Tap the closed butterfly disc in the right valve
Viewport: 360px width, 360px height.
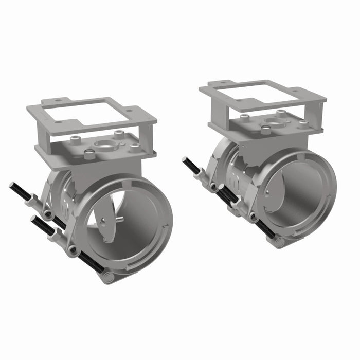point(288,193)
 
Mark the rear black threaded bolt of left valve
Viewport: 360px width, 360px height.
point(21,192)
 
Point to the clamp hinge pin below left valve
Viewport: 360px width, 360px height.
point(108,277)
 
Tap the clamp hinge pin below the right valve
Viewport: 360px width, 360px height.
point(278,242)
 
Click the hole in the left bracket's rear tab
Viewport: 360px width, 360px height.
point(58,101)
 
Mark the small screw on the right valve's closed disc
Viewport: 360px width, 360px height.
point(266,194)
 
